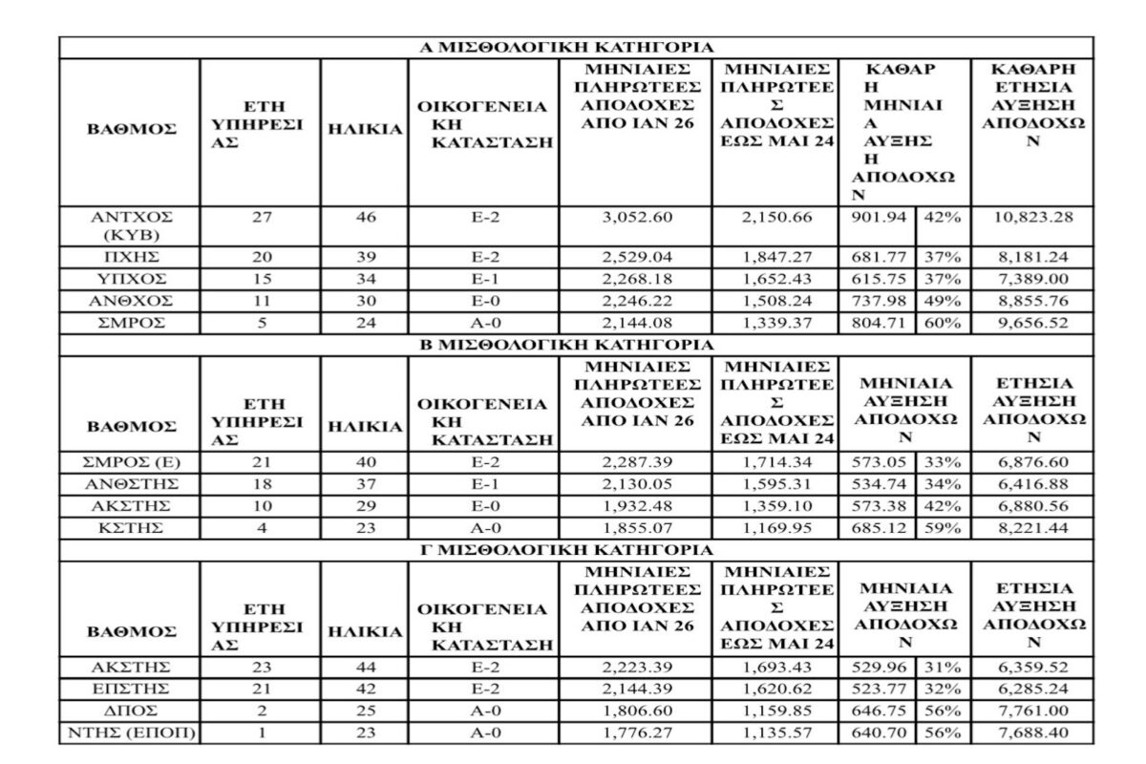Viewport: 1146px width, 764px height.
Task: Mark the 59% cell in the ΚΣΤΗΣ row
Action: click(x=940, y=527)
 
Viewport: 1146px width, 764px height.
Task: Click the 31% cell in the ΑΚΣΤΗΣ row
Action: click(x=940, y=666)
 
